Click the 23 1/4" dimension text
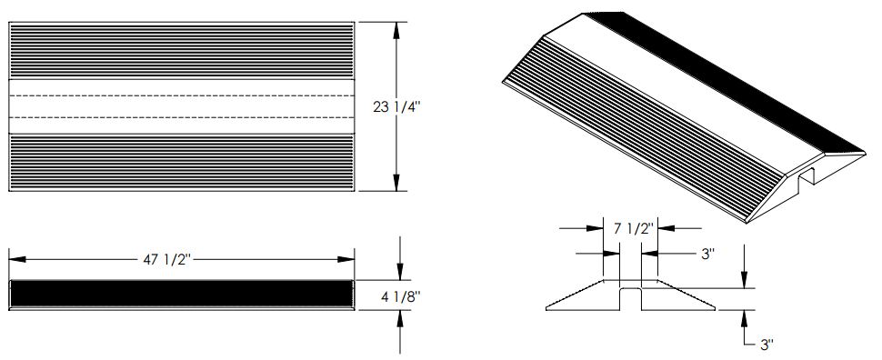tap(397, 107)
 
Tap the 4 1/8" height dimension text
tap(399, 295)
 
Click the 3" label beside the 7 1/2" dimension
tap(707, 254)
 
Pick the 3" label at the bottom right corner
tap(767, 345)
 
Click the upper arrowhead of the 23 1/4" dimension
tap(396, 30)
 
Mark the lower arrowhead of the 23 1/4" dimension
tap(396, 182)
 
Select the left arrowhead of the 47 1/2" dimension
tap(17, 259)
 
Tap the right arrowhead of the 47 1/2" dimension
tap(346, 259)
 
